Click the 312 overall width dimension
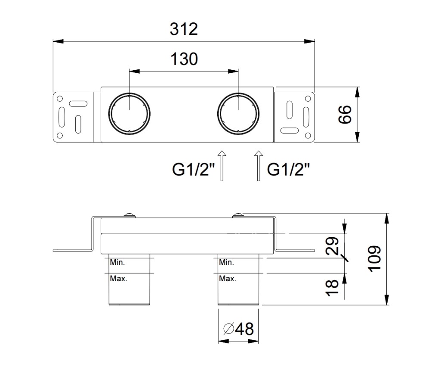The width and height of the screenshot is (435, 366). tap(184, 29)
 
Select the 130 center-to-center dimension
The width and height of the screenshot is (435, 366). tap(184, 59)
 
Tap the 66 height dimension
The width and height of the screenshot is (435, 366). tap(345, 114)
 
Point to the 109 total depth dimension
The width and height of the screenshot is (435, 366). tap(374, 259)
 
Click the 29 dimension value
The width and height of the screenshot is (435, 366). tap(332, 246)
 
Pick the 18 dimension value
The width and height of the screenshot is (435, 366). tap(332, 288)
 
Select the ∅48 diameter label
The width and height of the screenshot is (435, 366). tap(239, 329)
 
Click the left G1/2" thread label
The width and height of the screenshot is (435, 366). tap(193, 169)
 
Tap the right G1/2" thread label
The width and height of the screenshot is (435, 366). tap(288, 169)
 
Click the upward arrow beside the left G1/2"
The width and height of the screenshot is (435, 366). tap(222, 166)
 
